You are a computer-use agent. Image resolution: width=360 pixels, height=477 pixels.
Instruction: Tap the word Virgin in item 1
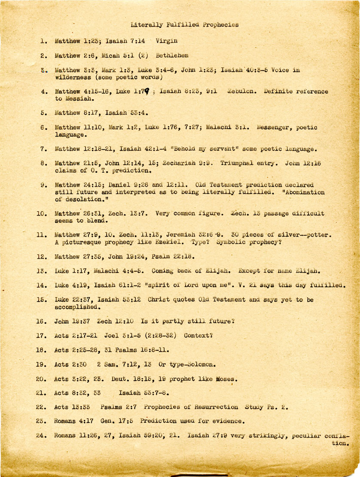[x=167, y=42]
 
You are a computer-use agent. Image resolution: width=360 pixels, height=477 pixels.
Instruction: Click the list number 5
[x=43, y=113]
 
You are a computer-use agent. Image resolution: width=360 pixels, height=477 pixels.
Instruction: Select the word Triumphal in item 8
[x=238, y=164]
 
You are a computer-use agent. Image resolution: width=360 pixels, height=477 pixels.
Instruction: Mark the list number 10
[x=42, y=213]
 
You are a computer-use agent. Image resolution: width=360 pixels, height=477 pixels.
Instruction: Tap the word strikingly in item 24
[x=264, y=435]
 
